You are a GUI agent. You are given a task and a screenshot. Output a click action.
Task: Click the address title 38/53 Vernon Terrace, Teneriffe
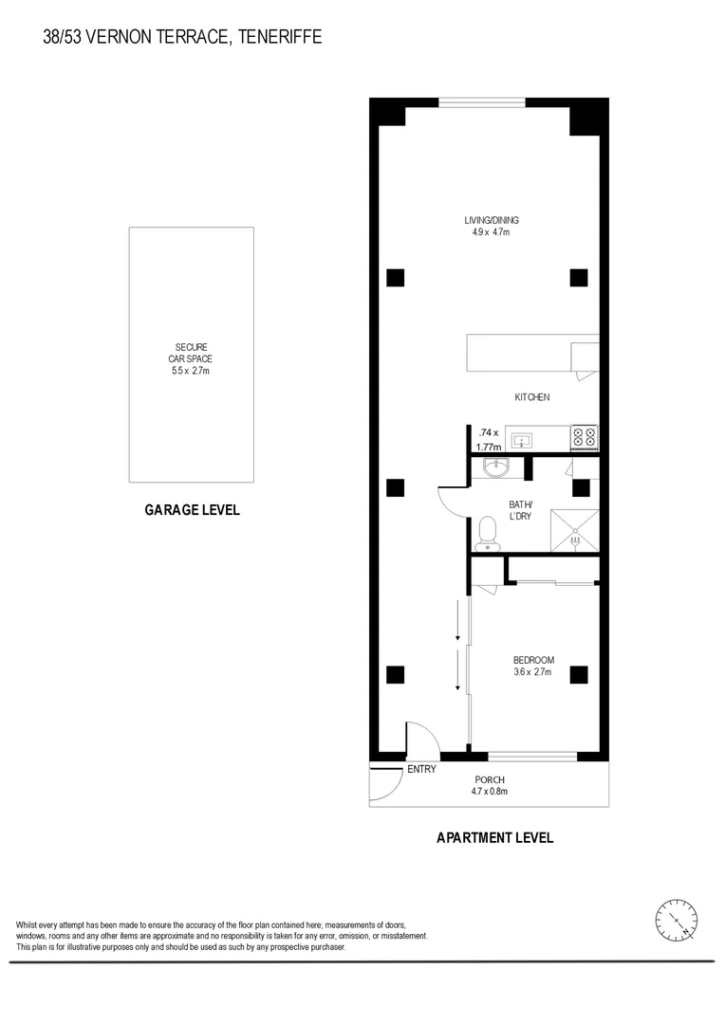tap(182, 37)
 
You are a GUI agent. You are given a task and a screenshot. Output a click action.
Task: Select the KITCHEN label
tap(531, 397)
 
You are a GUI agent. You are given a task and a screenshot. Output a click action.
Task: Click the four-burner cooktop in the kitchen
tap(584, 437)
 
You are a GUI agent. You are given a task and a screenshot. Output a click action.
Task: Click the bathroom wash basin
tap(495, 467)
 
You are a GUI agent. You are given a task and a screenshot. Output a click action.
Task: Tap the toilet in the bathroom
tap(488, 533)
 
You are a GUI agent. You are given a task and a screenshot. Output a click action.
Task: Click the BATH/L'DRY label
tap(521, 510)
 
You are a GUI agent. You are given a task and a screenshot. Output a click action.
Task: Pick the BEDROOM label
tap(533, 660)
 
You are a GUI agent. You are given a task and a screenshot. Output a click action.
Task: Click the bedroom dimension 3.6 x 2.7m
tap(533, 673)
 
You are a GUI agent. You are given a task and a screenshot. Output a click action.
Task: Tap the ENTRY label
tap(421, 769)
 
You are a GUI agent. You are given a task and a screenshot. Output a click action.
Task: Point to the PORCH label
tap(490, 779)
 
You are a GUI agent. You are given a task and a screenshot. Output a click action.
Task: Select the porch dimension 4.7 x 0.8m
tap(490, 792)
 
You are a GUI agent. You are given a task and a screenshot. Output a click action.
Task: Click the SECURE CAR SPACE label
tap(191, 353)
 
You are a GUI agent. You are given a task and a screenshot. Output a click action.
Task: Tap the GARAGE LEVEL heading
tap(192, 510)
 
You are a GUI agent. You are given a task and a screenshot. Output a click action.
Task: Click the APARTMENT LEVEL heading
tap(494, 837)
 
